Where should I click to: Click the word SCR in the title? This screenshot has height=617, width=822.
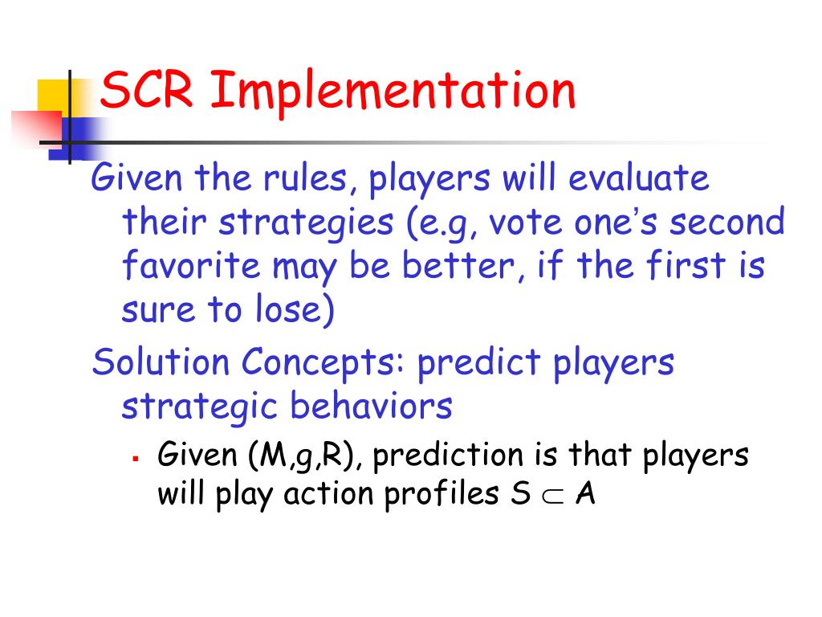click(x=147, y=90)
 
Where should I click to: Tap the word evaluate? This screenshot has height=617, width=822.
click(x=638, y=178)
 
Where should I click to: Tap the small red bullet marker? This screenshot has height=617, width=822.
click(x=136, y=459)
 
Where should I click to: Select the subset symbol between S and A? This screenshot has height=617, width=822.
click(x=553, y=496)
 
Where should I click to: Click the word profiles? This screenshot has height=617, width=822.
click(x=442, y=495)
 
